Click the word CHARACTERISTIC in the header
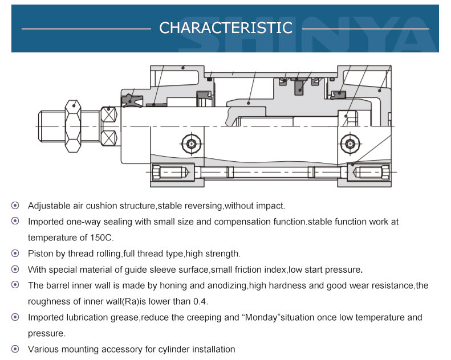click(226, 28)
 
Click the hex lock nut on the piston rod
click(73, 126)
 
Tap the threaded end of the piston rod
click(52, 126)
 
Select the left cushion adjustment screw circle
click(191, 144)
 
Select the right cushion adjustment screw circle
click(350, 144)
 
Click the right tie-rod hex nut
click(385, 173)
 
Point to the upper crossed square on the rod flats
click(109, 115)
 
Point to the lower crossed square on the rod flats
click(109, 138)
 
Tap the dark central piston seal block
click(299, 87)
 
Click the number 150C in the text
click(102, 238)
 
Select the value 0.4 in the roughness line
click(200, 301)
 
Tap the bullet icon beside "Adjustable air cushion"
click(15, 206)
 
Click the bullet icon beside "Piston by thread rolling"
click(15, 253)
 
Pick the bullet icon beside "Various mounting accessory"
click(15, 349)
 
